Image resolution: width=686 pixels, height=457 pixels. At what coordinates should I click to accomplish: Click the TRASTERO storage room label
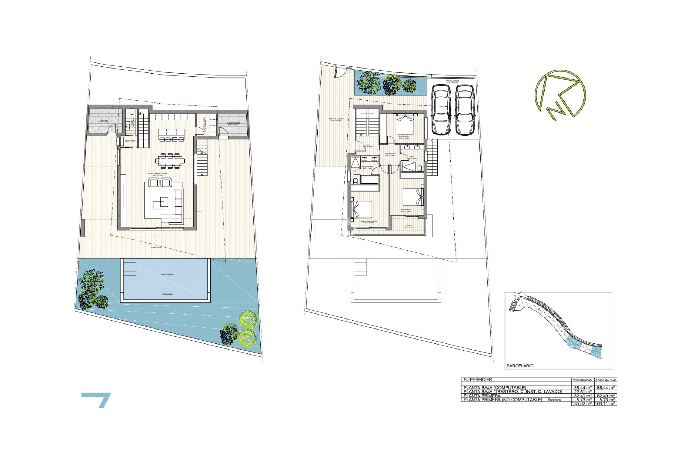pyautogui.click(x=104, y=121)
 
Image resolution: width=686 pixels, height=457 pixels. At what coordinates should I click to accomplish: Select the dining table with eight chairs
pyautogui.click(x=170, y=161)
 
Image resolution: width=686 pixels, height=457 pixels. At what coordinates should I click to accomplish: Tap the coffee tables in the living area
pyautogui.click(x=160, y=203)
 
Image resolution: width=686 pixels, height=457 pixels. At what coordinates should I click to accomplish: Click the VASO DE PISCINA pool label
pyautogui.click(x=167, y=275)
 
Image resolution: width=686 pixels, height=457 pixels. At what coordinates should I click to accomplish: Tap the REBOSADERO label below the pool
pyautogui.click(x=167, y=294)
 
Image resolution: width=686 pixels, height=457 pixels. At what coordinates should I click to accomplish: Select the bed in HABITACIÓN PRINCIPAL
pyautogui.click(x=362, y=210)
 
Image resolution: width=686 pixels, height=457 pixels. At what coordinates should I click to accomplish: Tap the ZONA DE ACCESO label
pyautogui.click(x=337, y=119)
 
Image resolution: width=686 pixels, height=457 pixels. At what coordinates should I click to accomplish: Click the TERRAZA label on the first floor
pyautogui.click(x=409, y=226)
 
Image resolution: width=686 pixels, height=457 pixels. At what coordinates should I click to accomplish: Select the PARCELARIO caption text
pyautogui.click(x=520, y=366)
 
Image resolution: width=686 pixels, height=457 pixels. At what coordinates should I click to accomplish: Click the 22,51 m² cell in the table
pyautogui.click(x=582, y=392)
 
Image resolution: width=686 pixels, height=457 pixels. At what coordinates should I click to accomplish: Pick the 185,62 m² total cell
pyautogui.click(x=582, y=403)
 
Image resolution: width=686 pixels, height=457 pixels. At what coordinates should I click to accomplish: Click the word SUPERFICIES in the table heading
pyautogui.click(x=478, y=380)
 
